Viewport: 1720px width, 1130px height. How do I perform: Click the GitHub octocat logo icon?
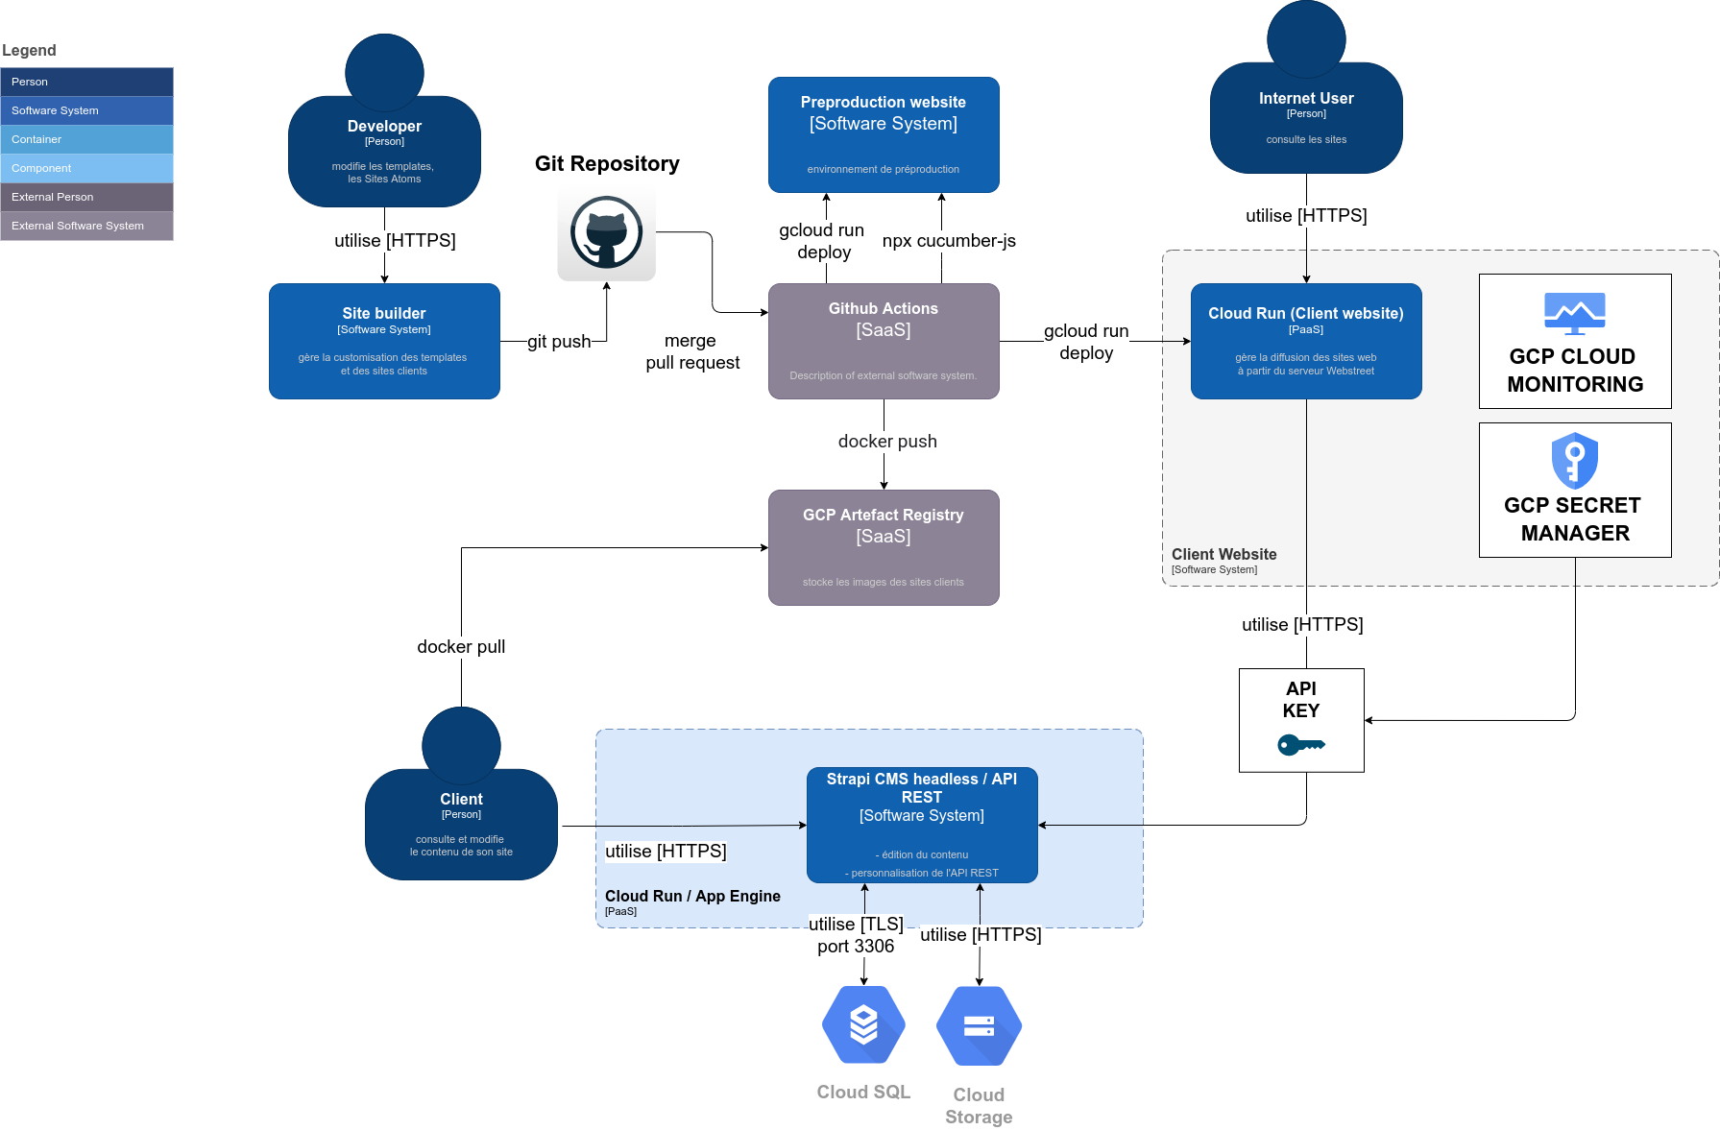606,232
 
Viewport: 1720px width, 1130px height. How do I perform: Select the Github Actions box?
884,341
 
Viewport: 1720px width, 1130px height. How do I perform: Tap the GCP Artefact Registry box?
884,547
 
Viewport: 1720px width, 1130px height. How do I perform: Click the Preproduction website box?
884,134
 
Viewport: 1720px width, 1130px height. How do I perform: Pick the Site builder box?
384,341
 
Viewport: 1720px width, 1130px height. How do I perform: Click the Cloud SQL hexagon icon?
863,1024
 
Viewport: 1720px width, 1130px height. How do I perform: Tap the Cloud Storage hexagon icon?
979,1025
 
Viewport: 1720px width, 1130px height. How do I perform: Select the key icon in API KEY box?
1300,744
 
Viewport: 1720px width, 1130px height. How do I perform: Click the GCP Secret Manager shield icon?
1574,460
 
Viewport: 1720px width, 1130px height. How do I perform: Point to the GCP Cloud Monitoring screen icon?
1574,313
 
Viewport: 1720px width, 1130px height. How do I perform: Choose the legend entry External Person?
86,197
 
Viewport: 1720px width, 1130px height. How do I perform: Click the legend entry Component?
86,168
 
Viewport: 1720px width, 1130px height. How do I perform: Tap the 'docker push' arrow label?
887,442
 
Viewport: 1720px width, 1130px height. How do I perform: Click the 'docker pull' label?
461,647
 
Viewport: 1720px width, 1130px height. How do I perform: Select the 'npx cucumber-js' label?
949,241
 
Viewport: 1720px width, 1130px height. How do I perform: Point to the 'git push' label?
559,342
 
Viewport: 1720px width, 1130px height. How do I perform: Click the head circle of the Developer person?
384,72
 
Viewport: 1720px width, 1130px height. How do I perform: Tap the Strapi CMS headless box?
922,824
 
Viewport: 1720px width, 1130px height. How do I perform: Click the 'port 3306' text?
856,947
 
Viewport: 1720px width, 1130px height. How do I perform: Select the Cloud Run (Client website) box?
1306,341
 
